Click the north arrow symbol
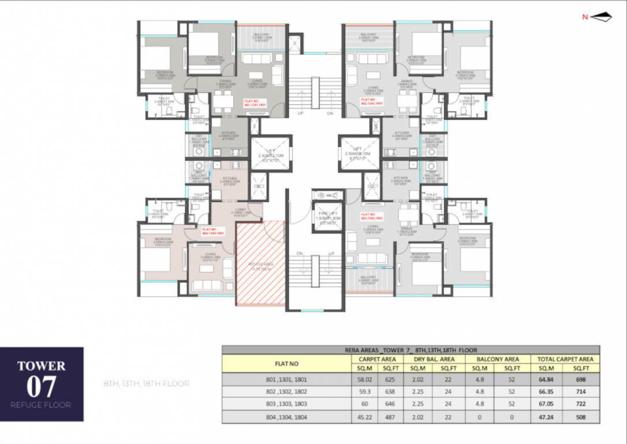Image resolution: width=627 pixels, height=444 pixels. (x=600, y=17)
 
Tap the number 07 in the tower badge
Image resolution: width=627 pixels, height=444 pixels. (x=41, y=386)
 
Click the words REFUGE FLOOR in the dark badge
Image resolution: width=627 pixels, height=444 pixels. (x=41, y=405)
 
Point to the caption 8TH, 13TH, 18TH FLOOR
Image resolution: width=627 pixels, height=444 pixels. (x=147, y=383)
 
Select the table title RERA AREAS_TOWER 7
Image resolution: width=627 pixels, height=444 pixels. (x=410, y=350)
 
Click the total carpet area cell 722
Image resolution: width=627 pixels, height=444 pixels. (x=581, y=404)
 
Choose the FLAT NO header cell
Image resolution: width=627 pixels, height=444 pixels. (x=287, y=363)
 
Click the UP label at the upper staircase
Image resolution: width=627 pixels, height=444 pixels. (x=300, y=113)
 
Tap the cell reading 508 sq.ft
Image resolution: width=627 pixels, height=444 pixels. (x=581, y=417)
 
